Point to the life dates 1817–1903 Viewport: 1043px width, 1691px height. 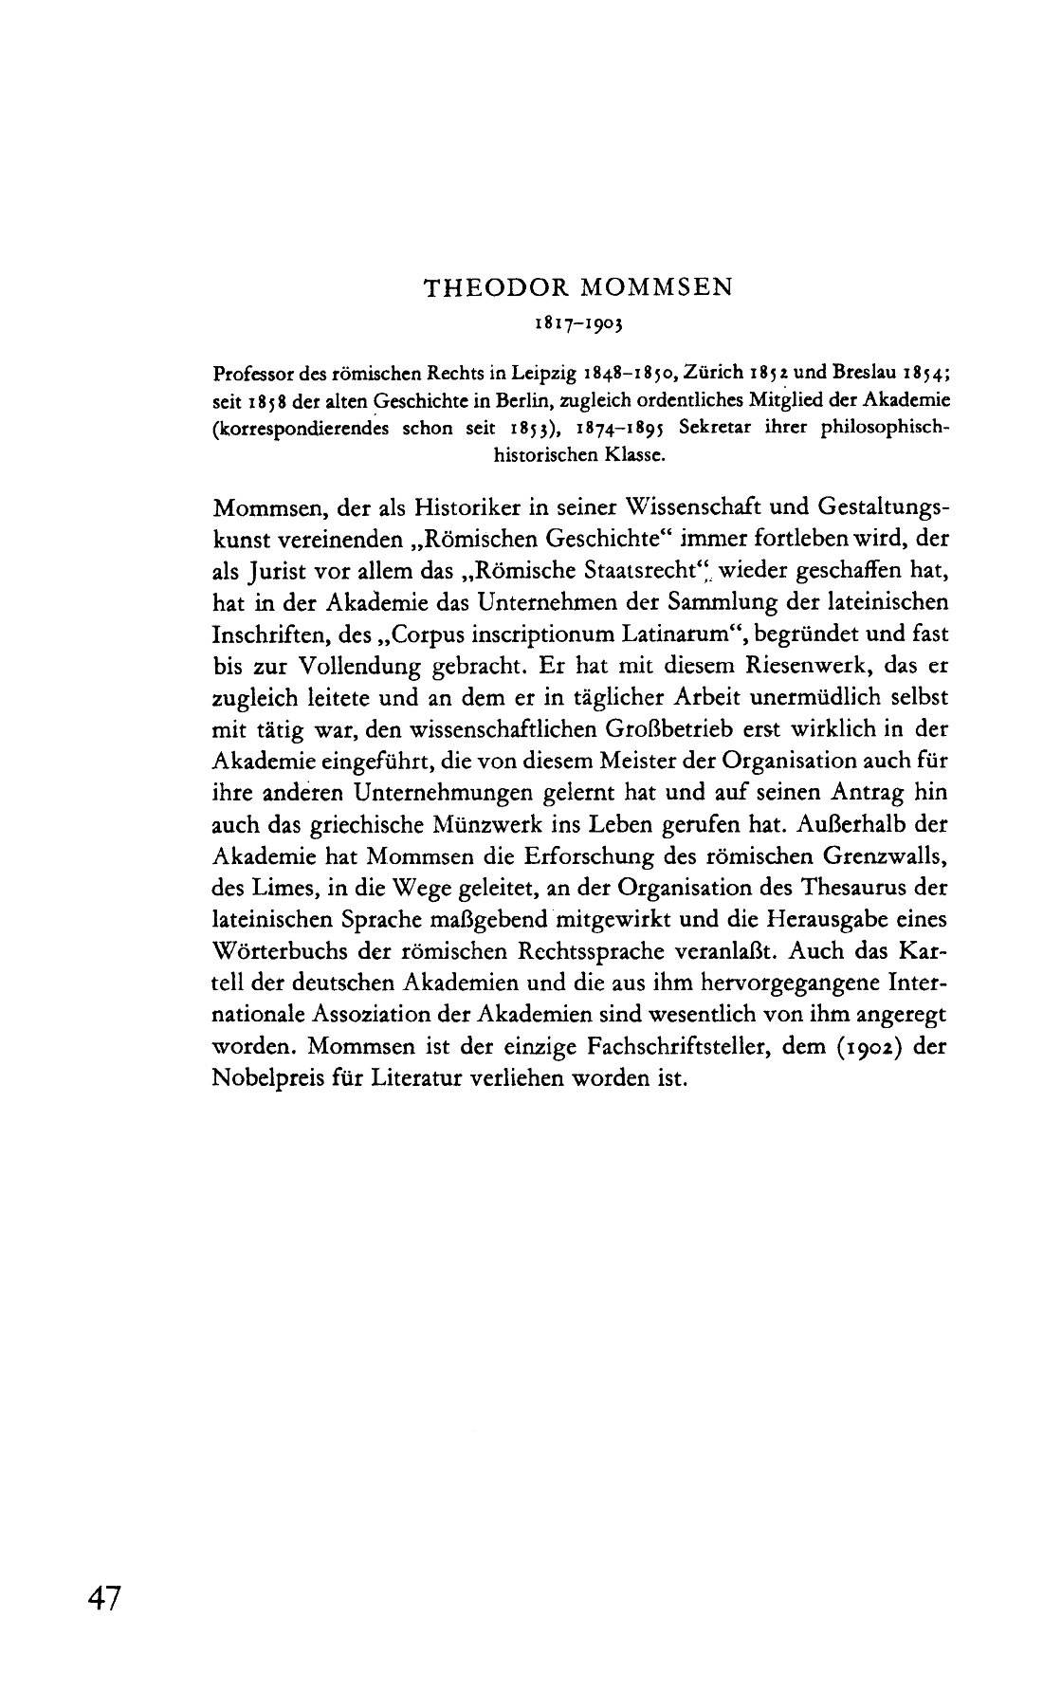[x=577, y=322]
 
